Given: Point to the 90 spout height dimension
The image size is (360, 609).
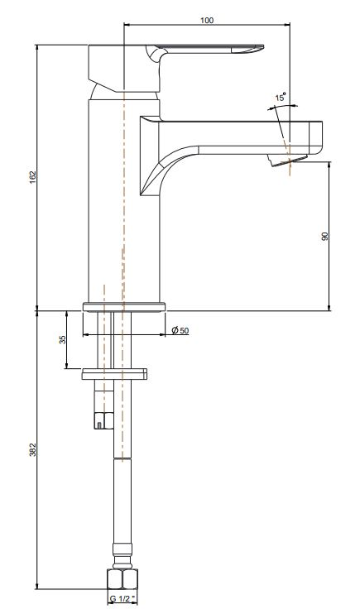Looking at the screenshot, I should coord(325,237).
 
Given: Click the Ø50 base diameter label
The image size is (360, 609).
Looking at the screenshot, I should coord(180,331).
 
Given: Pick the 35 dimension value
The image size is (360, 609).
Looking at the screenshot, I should coord(62,339).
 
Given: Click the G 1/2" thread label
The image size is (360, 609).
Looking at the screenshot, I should coord(122,600).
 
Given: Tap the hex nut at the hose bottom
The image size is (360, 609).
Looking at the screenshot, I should coord(122,578).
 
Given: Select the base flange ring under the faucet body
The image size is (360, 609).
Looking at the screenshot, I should coord(124,307).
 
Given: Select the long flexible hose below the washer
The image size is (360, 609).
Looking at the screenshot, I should coord(122,480).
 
